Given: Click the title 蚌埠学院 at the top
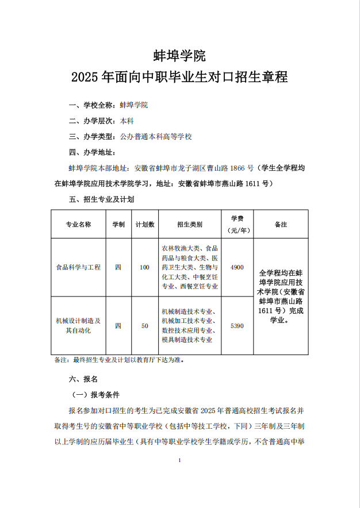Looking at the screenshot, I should point(179,56).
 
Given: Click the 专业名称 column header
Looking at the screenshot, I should point(78,225).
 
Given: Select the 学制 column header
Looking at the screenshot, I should point(118,225).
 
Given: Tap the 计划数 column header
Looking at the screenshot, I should point(144,225).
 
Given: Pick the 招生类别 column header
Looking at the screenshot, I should point(189,225).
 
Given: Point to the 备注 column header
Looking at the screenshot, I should point(281,225).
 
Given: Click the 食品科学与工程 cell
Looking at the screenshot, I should point(78,267).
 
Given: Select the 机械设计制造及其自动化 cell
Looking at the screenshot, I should point(78,325).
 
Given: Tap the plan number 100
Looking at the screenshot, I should point(144,267).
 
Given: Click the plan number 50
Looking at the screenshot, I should point(144,326).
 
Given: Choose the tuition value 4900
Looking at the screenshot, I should point(237,267).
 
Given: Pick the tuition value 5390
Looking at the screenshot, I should point(237,326).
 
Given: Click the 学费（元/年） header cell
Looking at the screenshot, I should point(237,225).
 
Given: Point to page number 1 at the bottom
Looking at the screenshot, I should point(180,460).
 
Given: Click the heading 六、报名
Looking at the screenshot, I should point(83,379).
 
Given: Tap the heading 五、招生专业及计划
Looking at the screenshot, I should point(101,199).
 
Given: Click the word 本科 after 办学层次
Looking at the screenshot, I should point(127,121).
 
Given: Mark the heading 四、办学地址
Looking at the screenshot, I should point(92,152).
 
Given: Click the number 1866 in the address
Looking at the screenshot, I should point(238,168).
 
